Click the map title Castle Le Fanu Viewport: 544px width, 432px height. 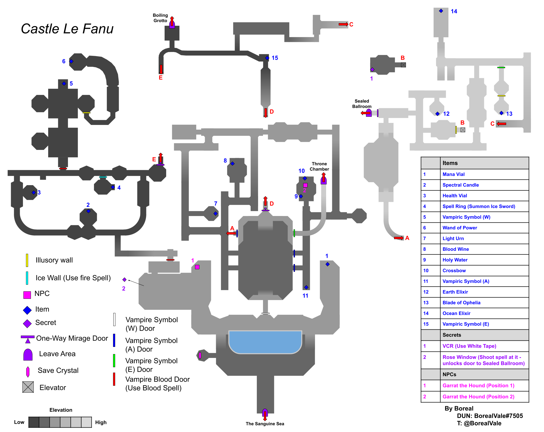(67, 29)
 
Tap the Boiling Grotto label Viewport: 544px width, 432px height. (160, 18)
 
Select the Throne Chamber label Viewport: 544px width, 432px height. (319, 166)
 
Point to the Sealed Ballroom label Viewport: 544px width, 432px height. (362, 104)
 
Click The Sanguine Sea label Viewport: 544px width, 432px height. (265, 424)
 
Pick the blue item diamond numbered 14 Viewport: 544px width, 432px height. (441, 11)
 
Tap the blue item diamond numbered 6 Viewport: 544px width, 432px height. (71, 61)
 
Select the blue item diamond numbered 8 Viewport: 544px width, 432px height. (232, 164)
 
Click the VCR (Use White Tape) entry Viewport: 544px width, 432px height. (469, 346)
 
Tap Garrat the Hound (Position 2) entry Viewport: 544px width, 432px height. (478, 397)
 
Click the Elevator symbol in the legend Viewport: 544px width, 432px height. (28, 387)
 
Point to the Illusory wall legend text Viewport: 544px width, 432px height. (54, 260)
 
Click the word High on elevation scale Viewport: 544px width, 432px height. (101, 422)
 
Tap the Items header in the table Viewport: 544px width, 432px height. (450, 163)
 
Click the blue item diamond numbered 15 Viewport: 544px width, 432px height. (267, 58)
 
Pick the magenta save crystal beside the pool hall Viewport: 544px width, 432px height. (200, 356)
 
